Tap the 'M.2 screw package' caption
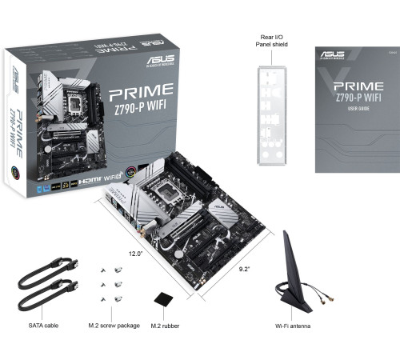[114, 326]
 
